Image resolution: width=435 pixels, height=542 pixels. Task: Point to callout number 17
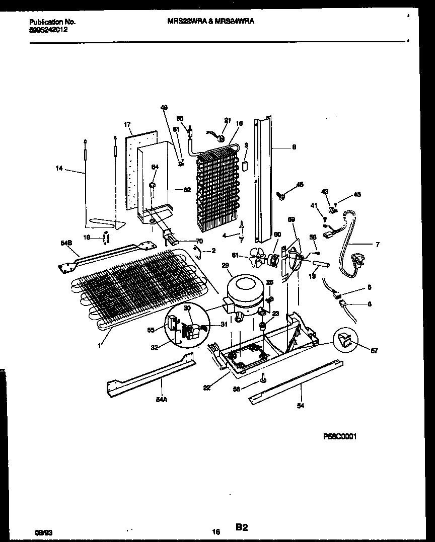(127, 124)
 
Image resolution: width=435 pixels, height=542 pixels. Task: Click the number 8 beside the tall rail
(294, 147)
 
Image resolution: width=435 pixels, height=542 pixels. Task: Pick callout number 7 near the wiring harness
(377, 245)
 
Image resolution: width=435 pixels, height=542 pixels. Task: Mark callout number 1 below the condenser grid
(100, 346)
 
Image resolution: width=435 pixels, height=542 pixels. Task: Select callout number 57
(374, 351)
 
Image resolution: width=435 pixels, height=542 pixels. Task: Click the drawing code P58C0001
(339, 437)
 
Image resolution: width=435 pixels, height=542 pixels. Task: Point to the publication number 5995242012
(48, 30)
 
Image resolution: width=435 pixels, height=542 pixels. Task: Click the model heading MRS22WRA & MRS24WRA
(207, 22)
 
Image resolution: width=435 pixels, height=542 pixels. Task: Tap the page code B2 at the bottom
(241, 527)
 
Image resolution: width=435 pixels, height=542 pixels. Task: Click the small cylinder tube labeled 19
(320, 264)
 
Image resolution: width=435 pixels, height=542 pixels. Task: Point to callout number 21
(227, 120)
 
